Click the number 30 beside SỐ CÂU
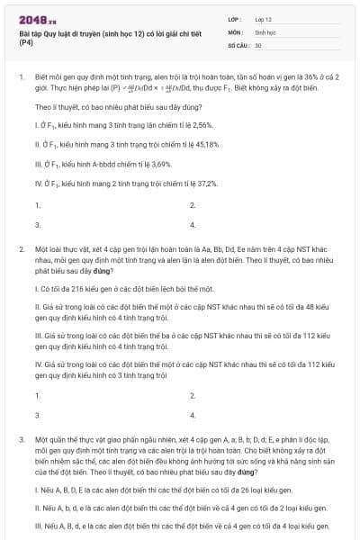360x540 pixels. [258, 44]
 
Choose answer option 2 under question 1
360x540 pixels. [193, 205]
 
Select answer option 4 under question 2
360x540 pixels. [193, 415]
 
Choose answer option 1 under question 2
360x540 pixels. [37, 396]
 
